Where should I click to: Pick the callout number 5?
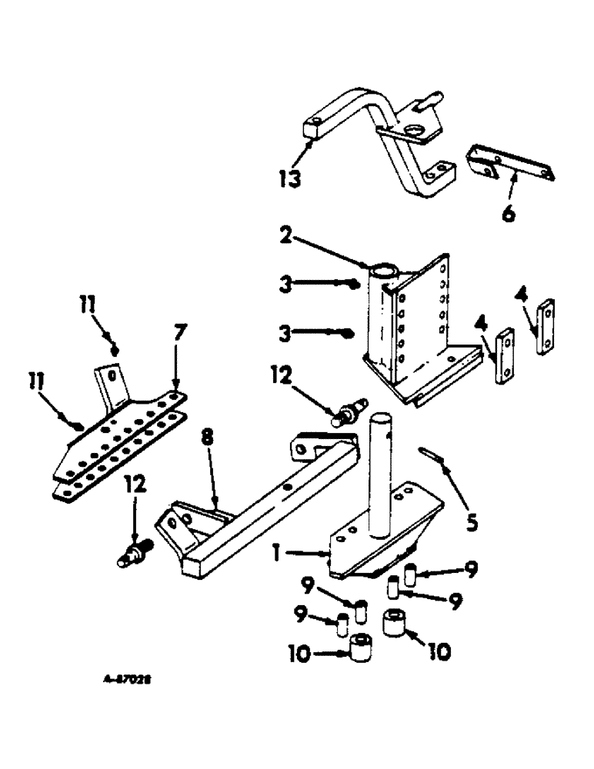(472, 524)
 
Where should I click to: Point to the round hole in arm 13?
(415, 129)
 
